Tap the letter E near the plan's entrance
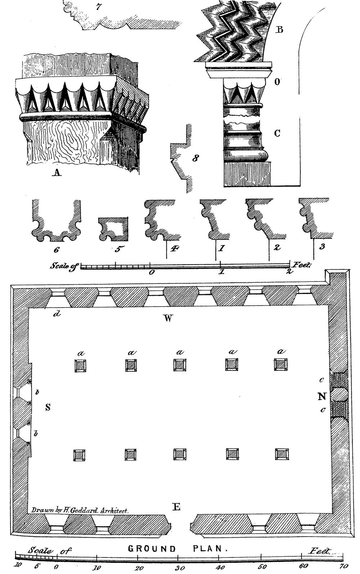pos(176,507)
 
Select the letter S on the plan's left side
pos(48,407)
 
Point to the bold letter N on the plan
pos(322,396)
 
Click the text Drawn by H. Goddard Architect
pos(80,510)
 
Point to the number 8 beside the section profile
pos(195,158)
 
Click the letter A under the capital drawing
pos(57,173)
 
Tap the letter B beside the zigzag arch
pos(279,30)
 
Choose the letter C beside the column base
pos(277,133)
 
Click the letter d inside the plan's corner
pos(56,314)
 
